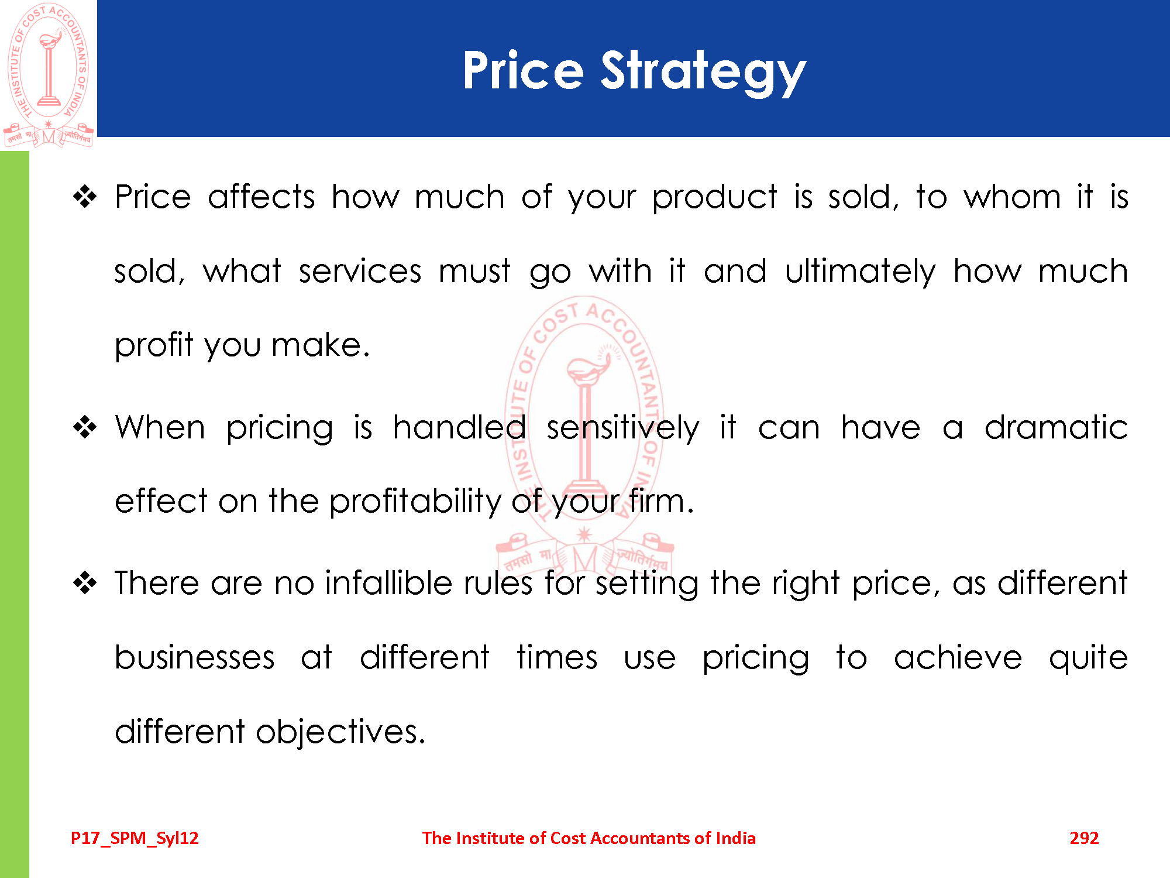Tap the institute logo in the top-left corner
pos(49,75)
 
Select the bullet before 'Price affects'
pos(85,197)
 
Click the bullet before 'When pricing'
pos(85,427)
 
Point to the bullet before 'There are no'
pos(85,583)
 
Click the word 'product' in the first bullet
pos(715,198)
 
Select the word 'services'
pos(360,272)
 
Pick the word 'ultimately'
pos(860,272)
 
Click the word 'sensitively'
pos(623,428)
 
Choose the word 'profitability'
pos(415,502)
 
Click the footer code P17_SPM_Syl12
pos(135,838)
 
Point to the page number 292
pos(1084,838)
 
